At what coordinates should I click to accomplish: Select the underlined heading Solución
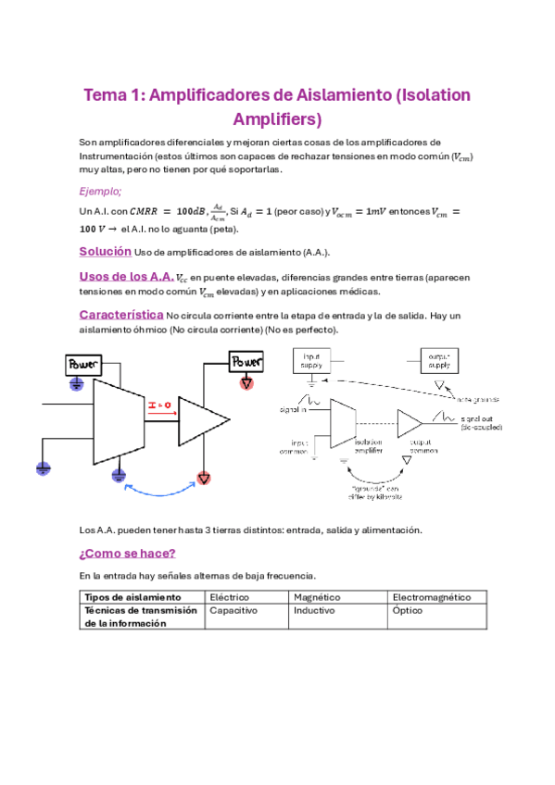click(105, 252)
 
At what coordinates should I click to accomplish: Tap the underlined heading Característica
click(120, 315)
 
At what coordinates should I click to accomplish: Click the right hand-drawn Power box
click(247, 360)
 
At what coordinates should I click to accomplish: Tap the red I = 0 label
click(160, 405)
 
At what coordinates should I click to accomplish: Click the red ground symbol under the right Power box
click(247, 382)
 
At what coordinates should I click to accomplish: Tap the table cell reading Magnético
click(316, 597)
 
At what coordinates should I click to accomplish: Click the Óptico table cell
click(407, 611)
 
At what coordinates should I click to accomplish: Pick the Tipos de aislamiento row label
click(132, 597)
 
